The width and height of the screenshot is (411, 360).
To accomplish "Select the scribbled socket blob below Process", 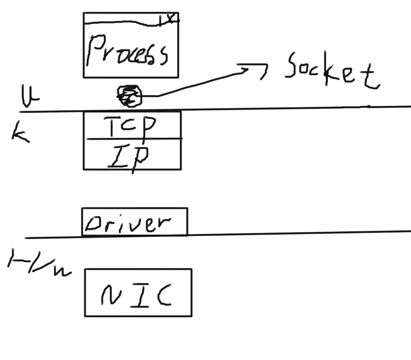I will [x=129, y=95].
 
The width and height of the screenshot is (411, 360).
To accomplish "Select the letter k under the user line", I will [x=20, y=133].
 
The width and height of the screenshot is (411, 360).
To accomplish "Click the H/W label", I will [x=39, y=264].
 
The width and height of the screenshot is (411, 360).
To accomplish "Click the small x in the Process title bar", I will [x=170, y=18].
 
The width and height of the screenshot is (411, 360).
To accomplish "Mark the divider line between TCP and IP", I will [x=133, y=139].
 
